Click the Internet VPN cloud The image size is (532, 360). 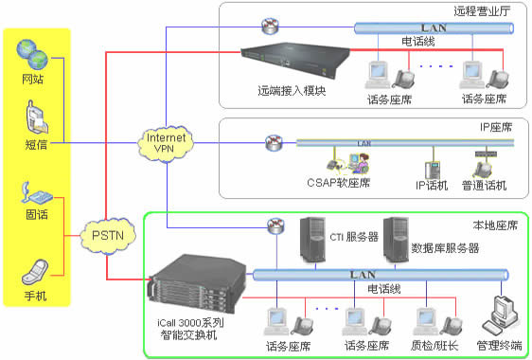[168, 143]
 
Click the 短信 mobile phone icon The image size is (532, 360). [35, 118]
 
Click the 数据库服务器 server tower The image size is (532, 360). [395, 241]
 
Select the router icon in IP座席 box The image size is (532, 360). [273, 144]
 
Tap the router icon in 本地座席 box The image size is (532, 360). [275, 226]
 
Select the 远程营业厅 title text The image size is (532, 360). [480, 12]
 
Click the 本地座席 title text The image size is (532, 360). [495, 225]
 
